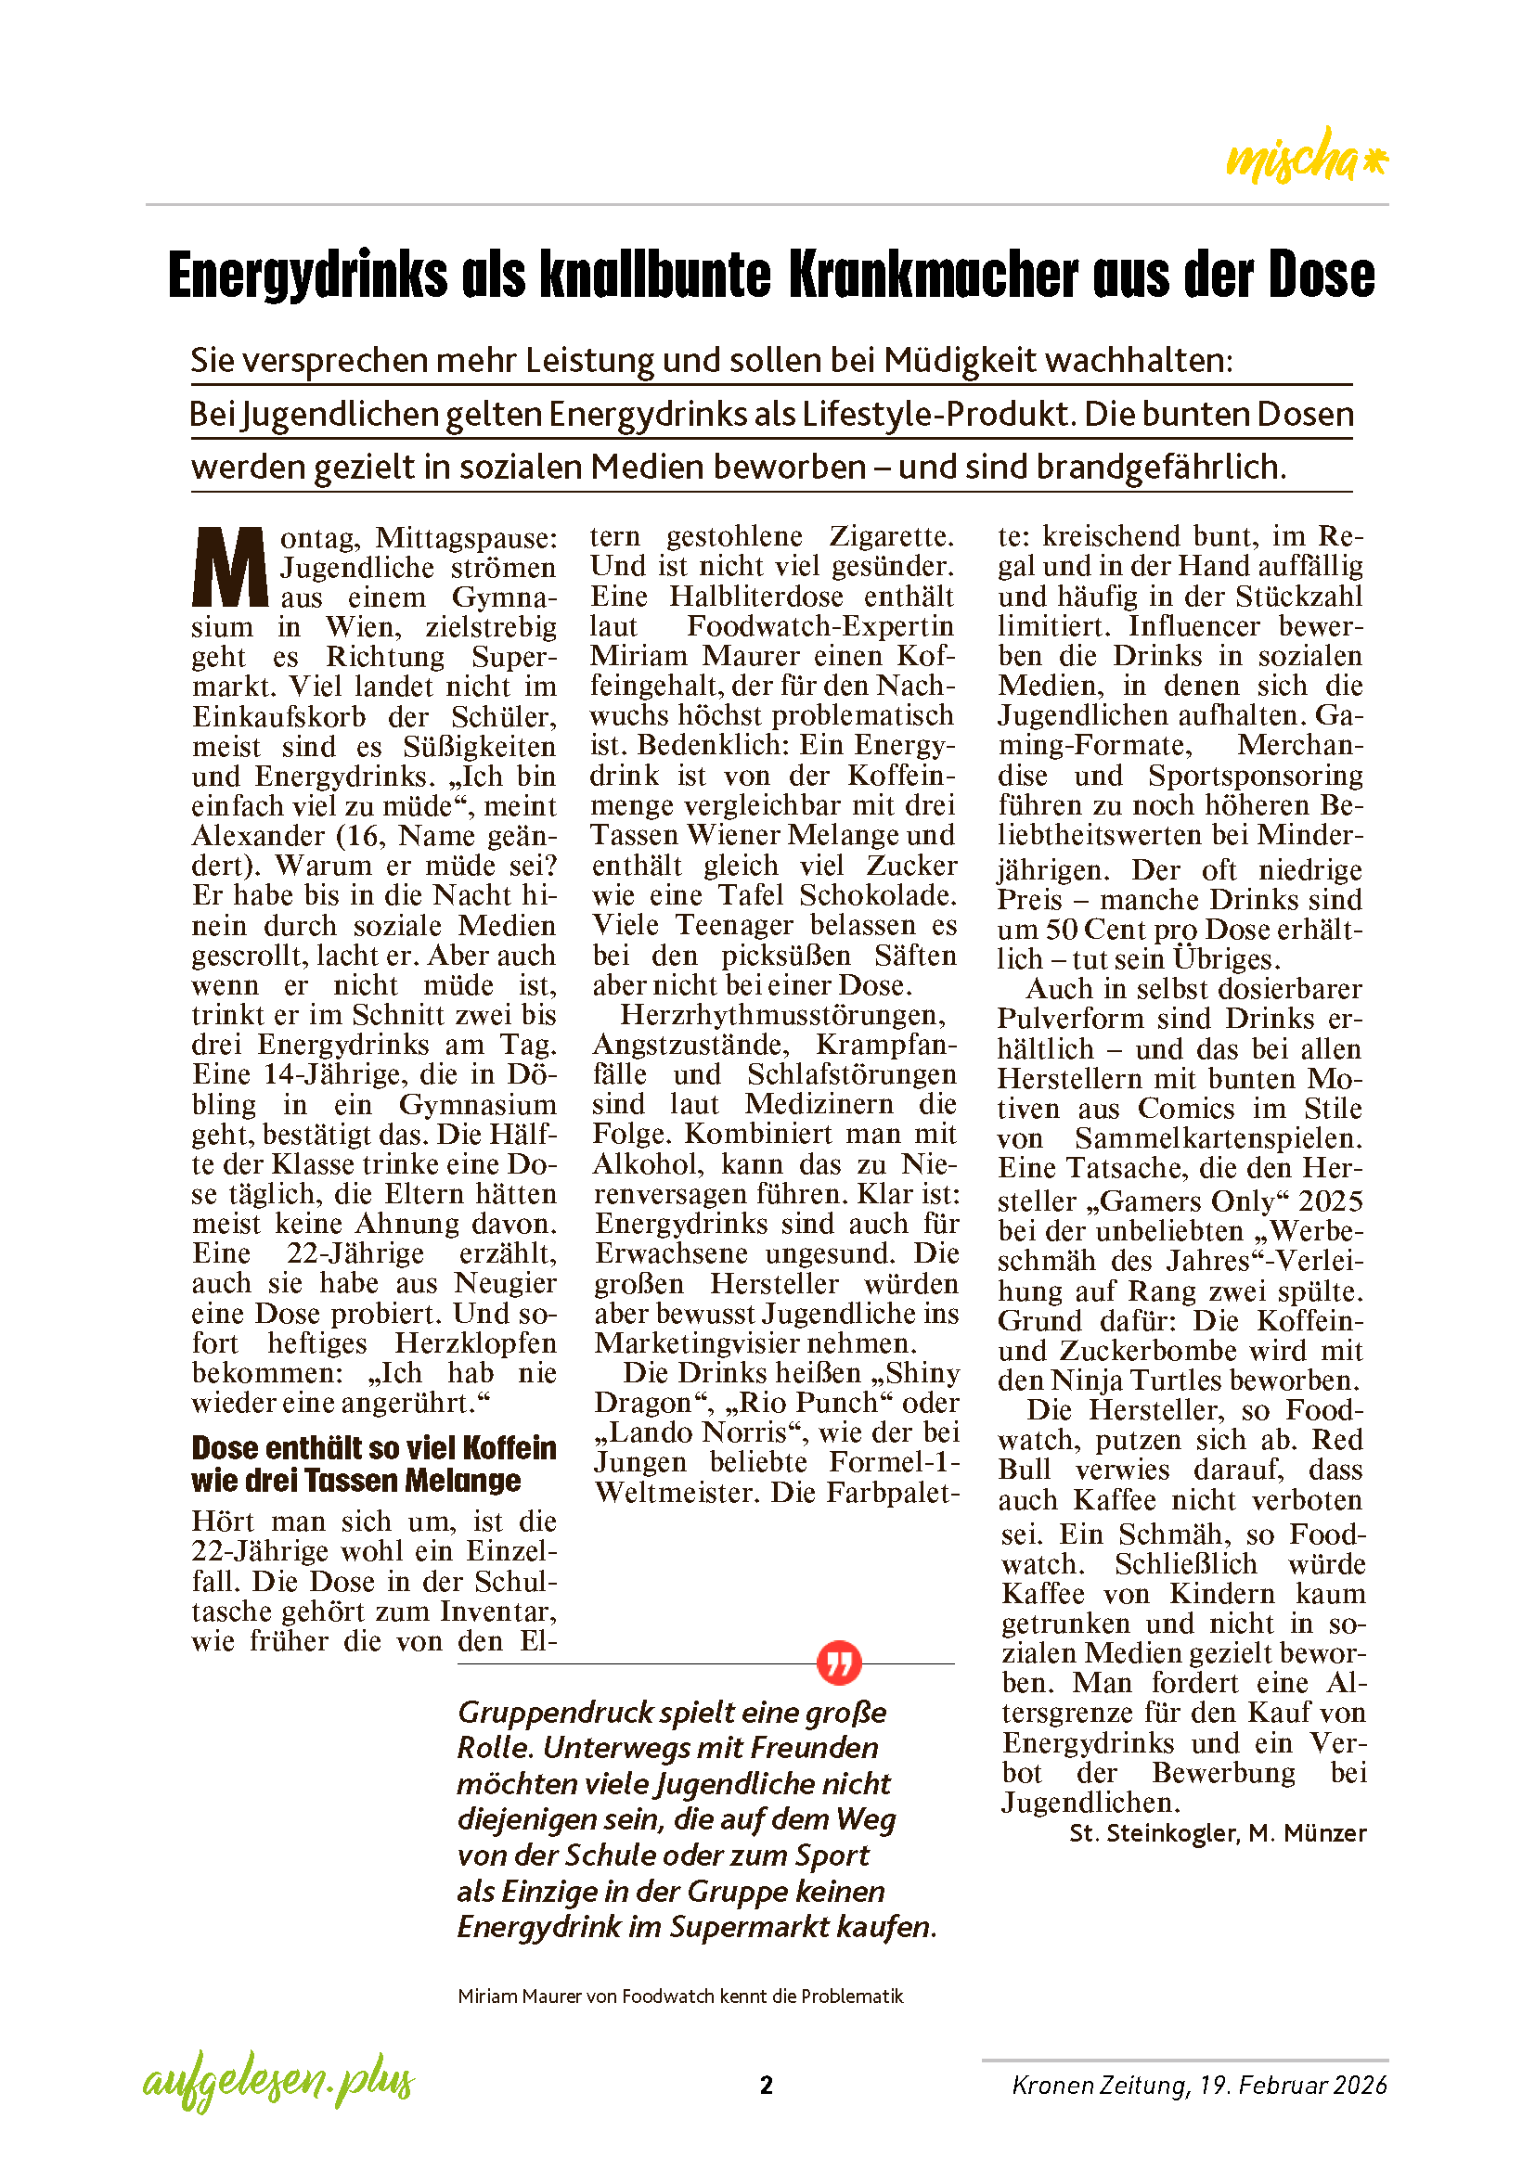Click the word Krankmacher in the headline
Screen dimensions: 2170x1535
932,276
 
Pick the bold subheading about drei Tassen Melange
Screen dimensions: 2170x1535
373,1464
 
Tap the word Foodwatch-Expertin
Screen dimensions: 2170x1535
820,625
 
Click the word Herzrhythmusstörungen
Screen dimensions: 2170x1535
782,1015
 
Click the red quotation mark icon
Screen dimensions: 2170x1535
838,1663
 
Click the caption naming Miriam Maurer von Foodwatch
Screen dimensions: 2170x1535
679,1997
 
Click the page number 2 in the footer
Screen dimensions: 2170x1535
767,2085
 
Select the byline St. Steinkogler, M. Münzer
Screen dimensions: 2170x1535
1218,1832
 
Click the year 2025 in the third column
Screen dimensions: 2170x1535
1330,1201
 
